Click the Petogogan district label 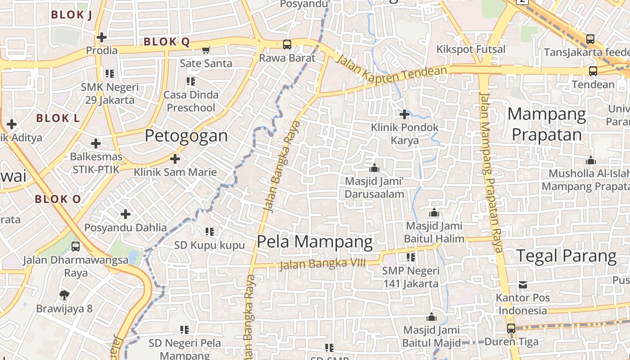[x=186, y=136]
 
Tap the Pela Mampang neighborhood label [x=315, y=242]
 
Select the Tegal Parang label [x=566, y=256]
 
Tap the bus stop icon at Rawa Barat [x=287, y=45]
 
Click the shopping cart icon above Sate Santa [x=206, y=50]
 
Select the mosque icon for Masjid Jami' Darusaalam [x=374, y=168]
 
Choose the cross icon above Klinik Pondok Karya [x=405, y=114]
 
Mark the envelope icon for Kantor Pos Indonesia [x=522, y=284]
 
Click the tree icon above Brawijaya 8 [x=64, y=295]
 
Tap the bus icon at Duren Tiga [x=511, y=328]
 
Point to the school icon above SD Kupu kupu [x=210, y=232]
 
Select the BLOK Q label [x=166, y=42]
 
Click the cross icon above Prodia [x=102, y=37]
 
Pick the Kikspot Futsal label [x=471, y=49]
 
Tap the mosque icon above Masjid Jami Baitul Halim [x=434, y=212]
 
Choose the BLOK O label [x=58, y=199]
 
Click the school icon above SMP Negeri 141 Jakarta [x=411, y=257]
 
